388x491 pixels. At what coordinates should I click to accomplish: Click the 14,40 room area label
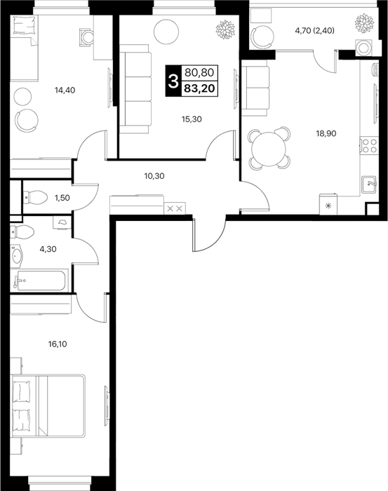65,90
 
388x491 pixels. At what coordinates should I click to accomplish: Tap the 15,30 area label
192,119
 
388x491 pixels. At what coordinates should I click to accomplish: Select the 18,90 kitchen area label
326,133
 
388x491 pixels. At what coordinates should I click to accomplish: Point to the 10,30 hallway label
154,176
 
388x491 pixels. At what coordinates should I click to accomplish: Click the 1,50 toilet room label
62,198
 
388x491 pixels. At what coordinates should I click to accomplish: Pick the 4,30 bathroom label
48,249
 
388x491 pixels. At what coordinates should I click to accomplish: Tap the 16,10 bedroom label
58,344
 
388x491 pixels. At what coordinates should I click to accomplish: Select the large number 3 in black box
173,81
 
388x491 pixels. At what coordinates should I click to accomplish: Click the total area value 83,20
199,88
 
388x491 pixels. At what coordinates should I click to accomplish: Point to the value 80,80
199,73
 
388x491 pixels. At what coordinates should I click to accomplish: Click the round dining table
269,148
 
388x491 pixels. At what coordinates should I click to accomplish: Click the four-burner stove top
368,146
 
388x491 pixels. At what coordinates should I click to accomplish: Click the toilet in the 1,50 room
35,198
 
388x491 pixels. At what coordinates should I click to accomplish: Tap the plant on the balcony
365,22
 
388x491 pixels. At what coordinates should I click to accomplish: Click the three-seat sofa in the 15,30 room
135,89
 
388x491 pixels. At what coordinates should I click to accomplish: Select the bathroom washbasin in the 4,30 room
16,255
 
